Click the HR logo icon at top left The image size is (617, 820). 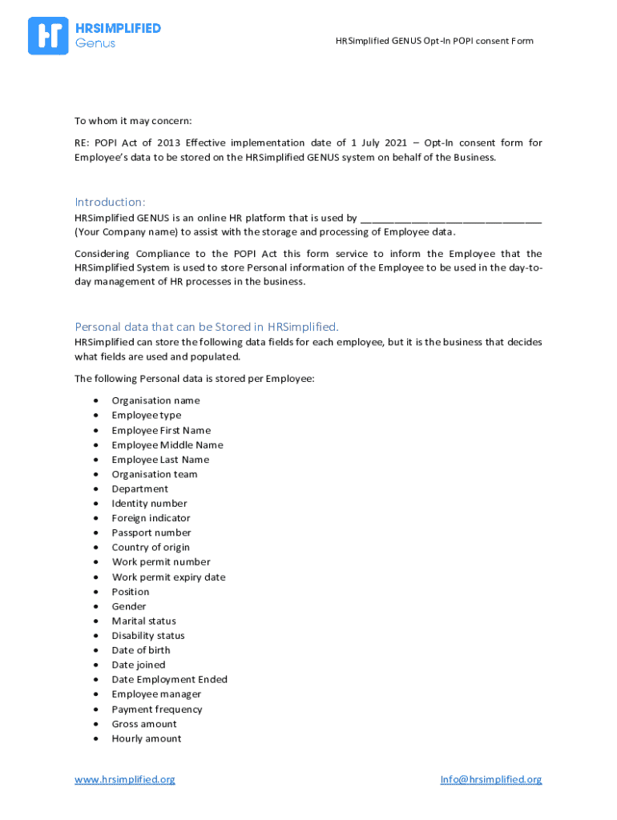(48, 36)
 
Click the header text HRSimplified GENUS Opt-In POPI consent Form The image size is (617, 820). (434, 41)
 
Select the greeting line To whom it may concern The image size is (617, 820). (133, 121)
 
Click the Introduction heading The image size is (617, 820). (111, 201)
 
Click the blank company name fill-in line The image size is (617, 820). (451, 218)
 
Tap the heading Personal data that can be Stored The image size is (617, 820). (207, 326)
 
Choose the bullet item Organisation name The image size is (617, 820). (155, 400)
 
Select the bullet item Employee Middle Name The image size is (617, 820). (167, 445)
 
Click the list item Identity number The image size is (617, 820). (149, 504)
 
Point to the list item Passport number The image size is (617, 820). (151, 533)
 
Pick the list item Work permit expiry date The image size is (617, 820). (168, 577)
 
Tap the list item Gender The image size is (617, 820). (129, 606)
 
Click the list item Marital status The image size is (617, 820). (143, 621)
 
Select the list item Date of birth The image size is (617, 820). (141, 650)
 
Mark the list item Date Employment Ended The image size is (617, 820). (169, 680)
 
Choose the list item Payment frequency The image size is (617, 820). (157, 709)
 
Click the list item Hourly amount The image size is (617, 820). (147, 738)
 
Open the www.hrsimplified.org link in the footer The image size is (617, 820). (124, 779)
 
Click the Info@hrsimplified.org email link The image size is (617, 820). (490, 779)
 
